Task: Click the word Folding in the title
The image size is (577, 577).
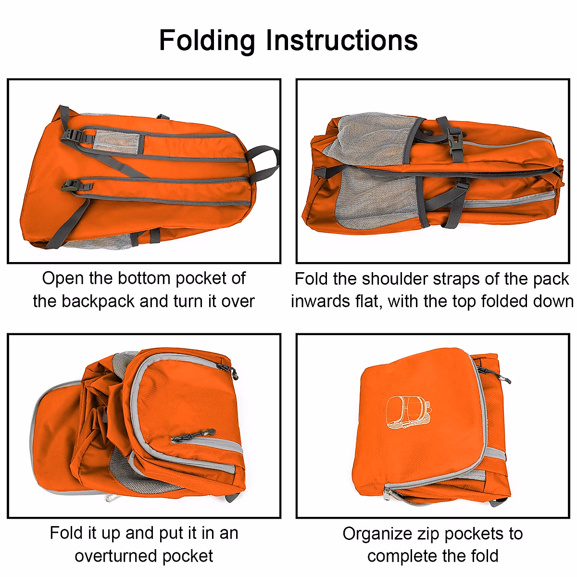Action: [207, 40]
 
